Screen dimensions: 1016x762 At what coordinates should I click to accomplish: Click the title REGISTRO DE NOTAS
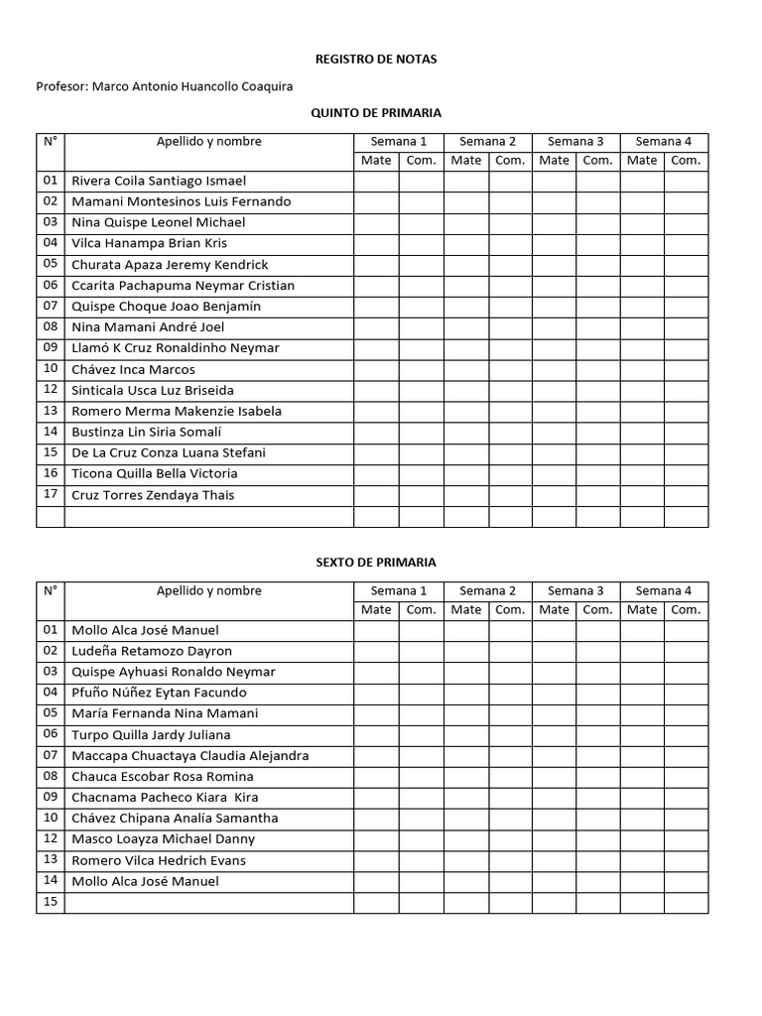point(375,60)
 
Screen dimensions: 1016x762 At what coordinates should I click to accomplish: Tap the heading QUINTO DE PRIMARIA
point(376,113)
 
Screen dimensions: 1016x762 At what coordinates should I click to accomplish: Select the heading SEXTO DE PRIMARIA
point(375,563)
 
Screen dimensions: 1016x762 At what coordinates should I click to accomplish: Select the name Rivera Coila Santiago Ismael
point(159,181)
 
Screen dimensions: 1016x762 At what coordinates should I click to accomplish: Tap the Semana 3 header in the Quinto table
point(575,141)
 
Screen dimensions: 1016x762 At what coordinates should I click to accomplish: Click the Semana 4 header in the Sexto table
point(664,590)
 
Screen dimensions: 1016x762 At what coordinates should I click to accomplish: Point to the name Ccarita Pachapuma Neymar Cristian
point(183,286)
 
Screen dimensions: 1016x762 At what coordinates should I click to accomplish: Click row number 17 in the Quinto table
point(51,495)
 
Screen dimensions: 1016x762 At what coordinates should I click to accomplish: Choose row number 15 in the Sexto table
point(51,901)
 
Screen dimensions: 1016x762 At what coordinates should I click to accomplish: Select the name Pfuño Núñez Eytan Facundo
point(159,693)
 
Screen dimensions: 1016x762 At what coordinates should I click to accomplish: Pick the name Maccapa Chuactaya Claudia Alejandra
point(190,755)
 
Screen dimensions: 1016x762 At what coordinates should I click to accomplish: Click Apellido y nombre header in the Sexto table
point(208,590)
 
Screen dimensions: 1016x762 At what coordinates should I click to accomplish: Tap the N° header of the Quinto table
point(51,141)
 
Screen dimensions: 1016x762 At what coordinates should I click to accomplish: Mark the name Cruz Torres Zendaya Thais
point(153,495)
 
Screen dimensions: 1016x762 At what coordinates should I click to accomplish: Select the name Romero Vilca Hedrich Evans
point(159,860)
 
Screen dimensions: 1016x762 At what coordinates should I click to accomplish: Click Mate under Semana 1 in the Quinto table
point(376,161)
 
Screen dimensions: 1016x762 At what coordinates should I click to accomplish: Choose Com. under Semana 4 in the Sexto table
point(686,610)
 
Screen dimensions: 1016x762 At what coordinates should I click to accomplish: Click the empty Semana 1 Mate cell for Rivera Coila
point(376,181)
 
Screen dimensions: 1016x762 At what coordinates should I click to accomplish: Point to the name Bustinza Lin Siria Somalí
point(146,432)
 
